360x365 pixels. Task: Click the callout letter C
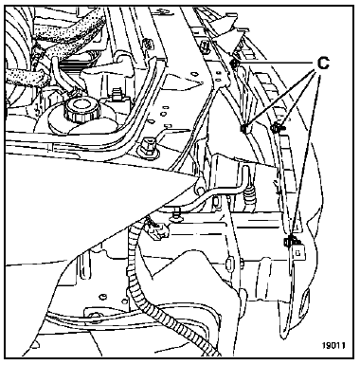pyautogui.click(x=323, y=64)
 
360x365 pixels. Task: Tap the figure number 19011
pyautogui.click(x=333, y=345)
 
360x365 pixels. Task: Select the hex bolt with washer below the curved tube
pyautogui.click(x=148, y=147)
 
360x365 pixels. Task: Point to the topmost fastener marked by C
pyautogui.click(x=235, y=64)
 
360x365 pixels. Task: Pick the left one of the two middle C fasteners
pyautogui.click(x=244, y=128)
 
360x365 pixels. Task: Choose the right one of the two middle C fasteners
pyautogui.click(x=277, y=127)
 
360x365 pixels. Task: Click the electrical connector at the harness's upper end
pyautogui.click(x=157, y=229)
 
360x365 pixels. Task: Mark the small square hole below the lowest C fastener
pyautogui.click(x=297, y=253)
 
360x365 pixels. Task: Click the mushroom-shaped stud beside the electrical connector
pyautogui.click(x=175, y=216)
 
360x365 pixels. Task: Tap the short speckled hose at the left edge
pyautogui.click(x=26, y=78)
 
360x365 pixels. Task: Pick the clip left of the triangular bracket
pyautogui.click(x=206, y=46)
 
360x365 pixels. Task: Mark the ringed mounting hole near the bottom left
pyautogui.click(x=94, y=315)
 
